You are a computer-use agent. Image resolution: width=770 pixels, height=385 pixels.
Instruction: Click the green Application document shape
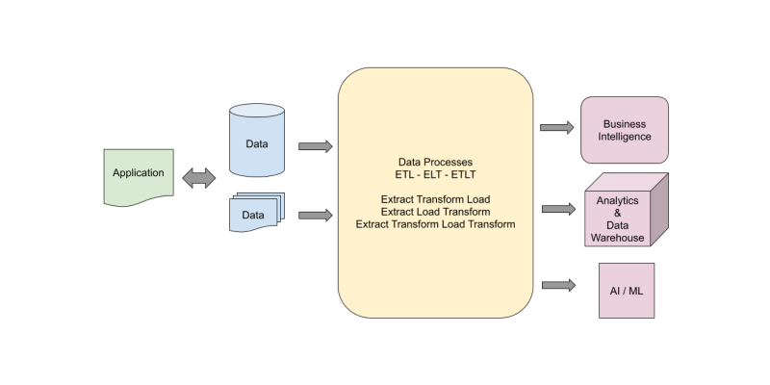tap(138, 177)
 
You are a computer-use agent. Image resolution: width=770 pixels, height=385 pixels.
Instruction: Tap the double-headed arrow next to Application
tap(199, 177)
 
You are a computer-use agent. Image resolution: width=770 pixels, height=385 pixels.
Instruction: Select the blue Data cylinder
tap(256, 141)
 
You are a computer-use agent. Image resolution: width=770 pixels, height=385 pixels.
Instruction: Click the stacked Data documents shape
tap(255, 214)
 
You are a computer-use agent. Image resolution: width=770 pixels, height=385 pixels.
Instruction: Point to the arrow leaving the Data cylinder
tap(315, 146)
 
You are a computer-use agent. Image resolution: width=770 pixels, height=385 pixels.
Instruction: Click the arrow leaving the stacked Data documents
tap(315, 215)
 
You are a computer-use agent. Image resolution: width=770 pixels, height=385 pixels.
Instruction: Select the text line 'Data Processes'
tap(435, 162)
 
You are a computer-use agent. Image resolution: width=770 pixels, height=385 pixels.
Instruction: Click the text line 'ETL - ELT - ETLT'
tap(435, 174)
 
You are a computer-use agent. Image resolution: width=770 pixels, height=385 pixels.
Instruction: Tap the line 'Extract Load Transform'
tap(435, 211)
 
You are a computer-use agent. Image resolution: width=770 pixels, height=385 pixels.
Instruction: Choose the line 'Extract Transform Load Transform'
tap(435, 223)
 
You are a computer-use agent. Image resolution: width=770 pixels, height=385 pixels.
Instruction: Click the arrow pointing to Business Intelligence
tap(557, 127)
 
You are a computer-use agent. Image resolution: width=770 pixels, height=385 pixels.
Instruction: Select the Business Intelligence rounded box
tap(624, 130)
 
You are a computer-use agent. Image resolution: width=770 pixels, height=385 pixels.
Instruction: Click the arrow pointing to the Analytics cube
tap(557, 209)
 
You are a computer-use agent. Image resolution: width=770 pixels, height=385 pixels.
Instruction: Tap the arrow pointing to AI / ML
tap(557, 285)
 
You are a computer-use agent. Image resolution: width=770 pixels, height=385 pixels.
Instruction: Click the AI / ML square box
tap(627, 290)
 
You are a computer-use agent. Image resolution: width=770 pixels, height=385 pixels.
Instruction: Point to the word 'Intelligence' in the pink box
tap(624, 137)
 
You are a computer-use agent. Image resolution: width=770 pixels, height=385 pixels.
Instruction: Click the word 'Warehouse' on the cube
tap(617, 238)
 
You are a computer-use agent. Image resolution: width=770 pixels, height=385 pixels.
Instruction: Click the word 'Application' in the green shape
tap(138, 173)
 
